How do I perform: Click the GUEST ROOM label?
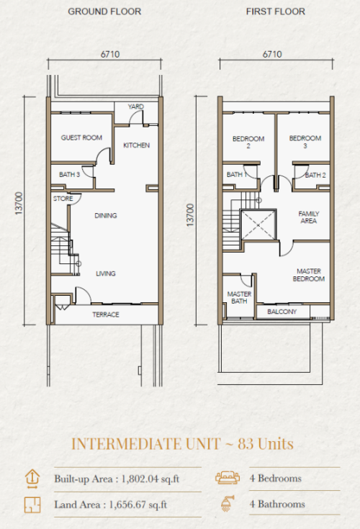point(81,137)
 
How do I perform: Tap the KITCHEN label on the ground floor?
point(136,145)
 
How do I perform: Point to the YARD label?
point(135,107)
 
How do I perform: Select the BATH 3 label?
point(70,174)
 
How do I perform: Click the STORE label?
point(63,199)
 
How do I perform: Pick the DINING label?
point(106,215)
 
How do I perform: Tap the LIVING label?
point(106,273)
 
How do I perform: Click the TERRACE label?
point(106,315)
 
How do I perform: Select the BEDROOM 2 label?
point(248,142)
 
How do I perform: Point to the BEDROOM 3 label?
point(305,142)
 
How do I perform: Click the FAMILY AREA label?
point(309,217)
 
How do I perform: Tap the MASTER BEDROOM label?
point(309,275)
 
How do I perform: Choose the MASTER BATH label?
point(239,297)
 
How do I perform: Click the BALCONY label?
point(282,312)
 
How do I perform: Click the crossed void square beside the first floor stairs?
point(258,225)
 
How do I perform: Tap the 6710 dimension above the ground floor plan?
point(110,54)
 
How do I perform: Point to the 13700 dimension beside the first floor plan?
point(190,215)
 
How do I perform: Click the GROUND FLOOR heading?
point(104,12)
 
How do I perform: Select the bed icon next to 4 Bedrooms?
point(228,477)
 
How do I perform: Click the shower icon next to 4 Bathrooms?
point(228,503)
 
